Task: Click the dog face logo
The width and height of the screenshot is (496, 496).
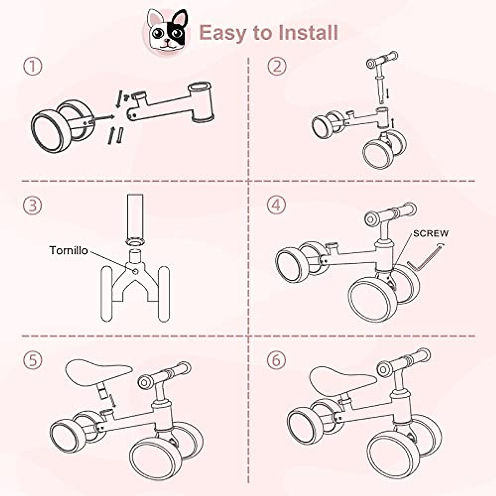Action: pyautogui.click(x=167, y=32)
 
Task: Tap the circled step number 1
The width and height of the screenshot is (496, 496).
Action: pyautogui.click(x=33, y=66)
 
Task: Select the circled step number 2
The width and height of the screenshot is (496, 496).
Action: pyautogui.click(x=277, y=66)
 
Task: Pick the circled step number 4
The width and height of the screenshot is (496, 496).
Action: pyautogui.click(x=276, y=205)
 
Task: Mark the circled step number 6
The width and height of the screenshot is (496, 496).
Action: pyautogui.click(x=276, y=360)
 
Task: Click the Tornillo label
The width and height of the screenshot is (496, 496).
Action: pyautogui.click(x=69, y=250)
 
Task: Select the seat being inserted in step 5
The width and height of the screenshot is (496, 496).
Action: pyautogui.click(x=98, y=372)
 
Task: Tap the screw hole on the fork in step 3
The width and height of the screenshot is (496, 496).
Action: pyautogui.click(x=135, y=272)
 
